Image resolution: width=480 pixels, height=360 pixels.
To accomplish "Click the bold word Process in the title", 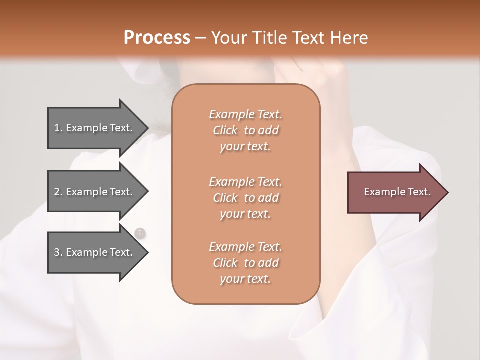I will click(x=157, y=38).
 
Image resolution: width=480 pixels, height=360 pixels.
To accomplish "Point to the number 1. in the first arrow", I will click(x=58, y=128).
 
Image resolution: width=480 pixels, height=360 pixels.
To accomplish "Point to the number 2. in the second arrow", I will click(x=58, y=192).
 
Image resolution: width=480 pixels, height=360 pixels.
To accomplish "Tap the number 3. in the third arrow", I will click(x=58, y=252).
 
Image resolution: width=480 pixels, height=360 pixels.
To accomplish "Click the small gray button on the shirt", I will click(x=140, y=232).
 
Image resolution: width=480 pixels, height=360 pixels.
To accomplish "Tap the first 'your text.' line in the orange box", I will click(x=245, y=147).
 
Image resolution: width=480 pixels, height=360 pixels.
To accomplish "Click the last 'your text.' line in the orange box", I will click(x=245, y=279).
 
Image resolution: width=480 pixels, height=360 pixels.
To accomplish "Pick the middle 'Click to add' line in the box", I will click(x=245, y=198).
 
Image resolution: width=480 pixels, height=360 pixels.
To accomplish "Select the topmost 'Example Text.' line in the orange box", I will click(x=245, y=114).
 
